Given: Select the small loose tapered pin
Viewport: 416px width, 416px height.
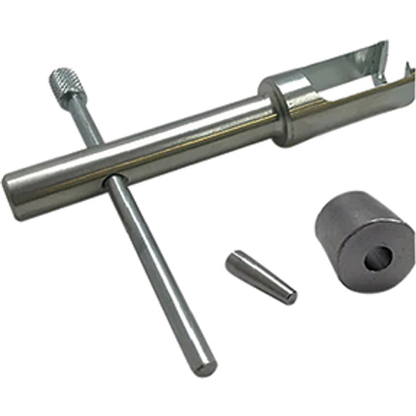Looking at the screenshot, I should [x=260, y=276].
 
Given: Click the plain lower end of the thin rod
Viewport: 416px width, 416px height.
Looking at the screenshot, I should [x=205, y=365].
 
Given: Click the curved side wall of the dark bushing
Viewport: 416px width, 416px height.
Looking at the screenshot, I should [x=331, y=240].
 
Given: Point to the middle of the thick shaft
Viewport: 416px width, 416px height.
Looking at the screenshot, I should [x=141, y=152].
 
